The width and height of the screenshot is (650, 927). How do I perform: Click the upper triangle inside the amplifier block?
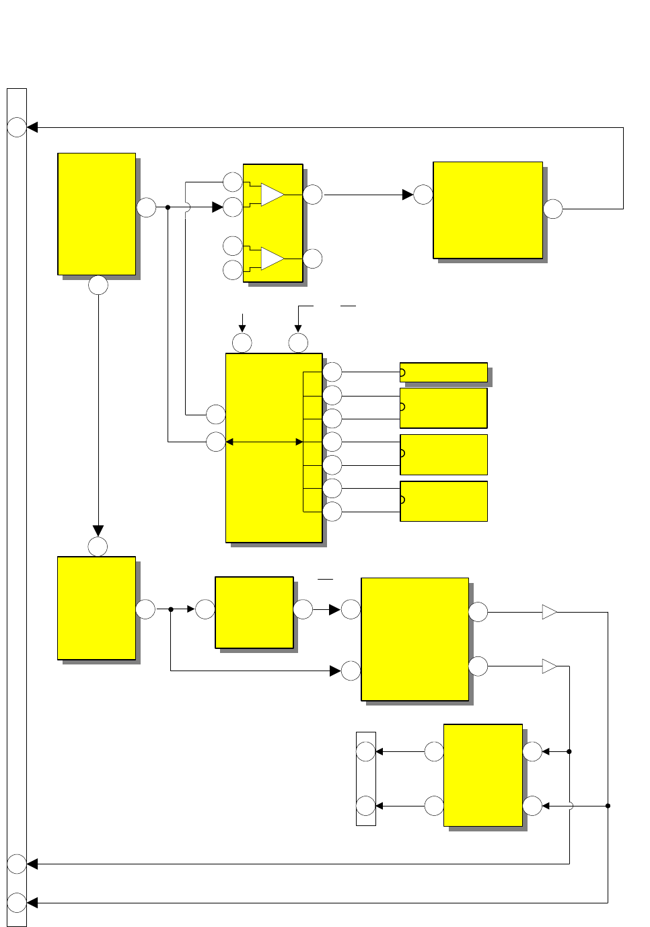pyautogui.click(x=272, y=195)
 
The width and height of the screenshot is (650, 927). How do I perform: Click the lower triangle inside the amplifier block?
pyautogui.click(x=272, y=259)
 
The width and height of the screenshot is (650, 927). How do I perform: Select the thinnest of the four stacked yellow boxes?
pyautogui.click(x=443, y=372)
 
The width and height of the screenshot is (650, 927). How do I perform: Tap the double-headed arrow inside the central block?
pyautogui.click(x=264, y=442)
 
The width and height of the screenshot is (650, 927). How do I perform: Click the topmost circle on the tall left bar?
pyautogui.click(x=17, y=127)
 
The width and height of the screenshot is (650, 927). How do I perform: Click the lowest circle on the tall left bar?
pyautogui.click(x=17, y=902)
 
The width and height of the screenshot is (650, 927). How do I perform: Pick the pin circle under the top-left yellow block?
pyautogui.click(x=98, y=285)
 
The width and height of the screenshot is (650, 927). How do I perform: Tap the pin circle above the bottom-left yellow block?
pyautogui.click(x=98, y=547)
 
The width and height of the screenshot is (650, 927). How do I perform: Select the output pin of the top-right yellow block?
pyautogui.click(x=553, y=209)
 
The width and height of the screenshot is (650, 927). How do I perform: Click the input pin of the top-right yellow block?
pyautogui.click(x=423, y=195)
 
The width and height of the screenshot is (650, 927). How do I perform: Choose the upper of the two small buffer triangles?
pyautogui.click(x=549, y=612)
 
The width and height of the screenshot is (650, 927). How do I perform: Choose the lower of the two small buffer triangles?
pyautogui.click(x=549, y=666)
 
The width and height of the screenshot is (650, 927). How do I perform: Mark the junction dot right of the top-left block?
pyautogui.click(x=168, y=207)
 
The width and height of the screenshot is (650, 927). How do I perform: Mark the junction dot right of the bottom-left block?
pyautogui.click(x=171, y=609)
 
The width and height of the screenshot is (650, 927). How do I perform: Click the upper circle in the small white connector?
pyautogui.click(x=365, y=751)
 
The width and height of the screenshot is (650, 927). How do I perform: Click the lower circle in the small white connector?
pyautogui.click(x=365, y=806)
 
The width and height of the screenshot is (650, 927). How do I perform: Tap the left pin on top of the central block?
pyautogui.click(x=242, y=343)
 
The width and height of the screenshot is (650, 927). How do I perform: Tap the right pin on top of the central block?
pyautogui.click(x=298, y=343)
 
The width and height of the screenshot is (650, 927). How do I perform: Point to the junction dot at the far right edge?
pyautogui.click(x=608, y=806)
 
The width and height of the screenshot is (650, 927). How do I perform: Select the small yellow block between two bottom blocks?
pyautogui.click(x=254, y=612)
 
